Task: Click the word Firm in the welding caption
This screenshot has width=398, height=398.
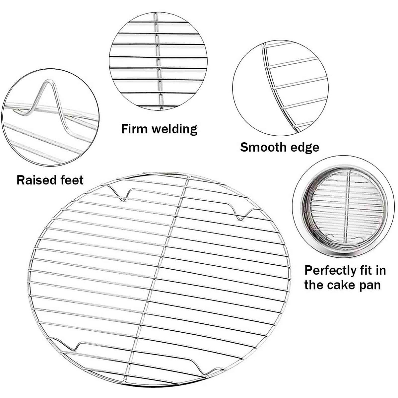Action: point(133,129)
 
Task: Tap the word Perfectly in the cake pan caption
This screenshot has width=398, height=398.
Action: point(328,271)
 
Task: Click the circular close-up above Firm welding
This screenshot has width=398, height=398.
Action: point(158,60)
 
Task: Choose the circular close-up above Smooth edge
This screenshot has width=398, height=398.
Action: point(280,87)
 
